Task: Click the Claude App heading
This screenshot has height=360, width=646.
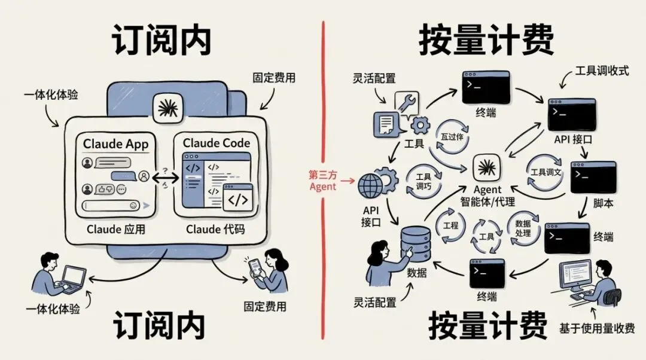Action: click(x=115, y=144)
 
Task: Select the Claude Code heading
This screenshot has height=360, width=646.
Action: click(x=216, y=143)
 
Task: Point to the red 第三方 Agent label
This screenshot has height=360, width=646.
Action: click(x=322, y=180)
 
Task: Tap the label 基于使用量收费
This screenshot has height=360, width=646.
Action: click(x=597, y=328)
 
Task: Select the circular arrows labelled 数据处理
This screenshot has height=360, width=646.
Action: click(x=523, y=228)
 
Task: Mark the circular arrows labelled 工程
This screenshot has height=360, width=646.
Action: click(x=450, y=225)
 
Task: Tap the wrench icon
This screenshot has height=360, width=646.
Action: click(x=409, y=103)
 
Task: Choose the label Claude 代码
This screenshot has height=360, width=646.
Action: click(x=215, y=230)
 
